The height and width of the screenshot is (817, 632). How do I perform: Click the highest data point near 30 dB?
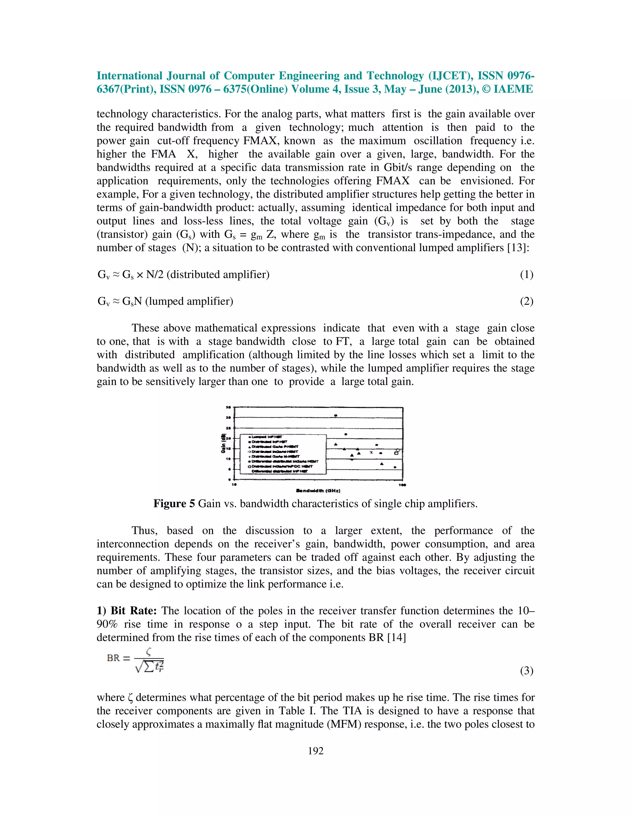pos(335,416)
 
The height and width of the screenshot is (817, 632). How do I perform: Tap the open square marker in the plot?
pos(396,453)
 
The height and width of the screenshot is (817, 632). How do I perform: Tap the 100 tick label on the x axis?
pos(402,485)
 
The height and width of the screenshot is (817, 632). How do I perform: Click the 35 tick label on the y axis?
pos(228,407)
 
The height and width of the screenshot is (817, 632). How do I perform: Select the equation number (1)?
pos(526,275)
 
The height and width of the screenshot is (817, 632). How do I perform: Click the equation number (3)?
pos(526,671)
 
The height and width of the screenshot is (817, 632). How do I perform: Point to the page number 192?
pos(316,751)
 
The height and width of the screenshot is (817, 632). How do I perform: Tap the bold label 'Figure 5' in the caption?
pos(174,503)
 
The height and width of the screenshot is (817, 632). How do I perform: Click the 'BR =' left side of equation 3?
pos(118,658)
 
